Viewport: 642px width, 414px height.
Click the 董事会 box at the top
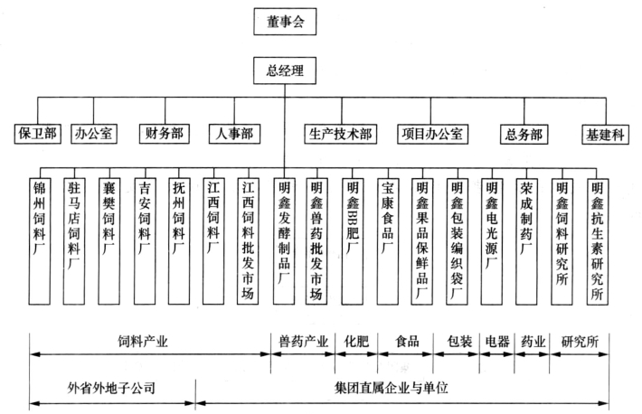tap(285, 22)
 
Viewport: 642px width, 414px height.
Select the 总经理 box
tap(285, 71)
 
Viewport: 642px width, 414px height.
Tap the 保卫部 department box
tap(38, 134)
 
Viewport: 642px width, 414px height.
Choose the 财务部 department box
tap(165, 134)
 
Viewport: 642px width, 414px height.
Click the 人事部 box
tap(234, 134)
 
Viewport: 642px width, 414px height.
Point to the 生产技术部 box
tap(341, 134)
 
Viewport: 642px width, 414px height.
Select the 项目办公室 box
tap(432, 134)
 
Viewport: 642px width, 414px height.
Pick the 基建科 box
tap(605, 135)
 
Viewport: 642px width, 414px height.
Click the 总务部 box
tap(524, 135)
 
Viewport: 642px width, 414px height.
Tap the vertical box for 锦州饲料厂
tap(40, 241)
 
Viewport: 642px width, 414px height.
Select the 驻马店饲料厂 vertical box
tap(74, 241)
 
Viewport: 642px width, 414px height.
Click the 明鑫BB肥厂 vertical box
tap(353, 241)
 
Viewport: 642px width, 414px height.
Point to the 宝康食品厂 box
tap(388, 241)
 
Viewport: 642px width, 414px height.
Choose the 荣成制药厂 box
tap(526, 241)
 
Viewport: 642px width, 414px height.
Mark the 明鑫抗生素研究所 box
tap(598, 241)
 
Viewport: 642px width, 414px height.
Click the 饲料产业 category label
tap(143, 341)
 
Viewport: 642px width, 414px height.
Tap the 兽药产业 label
tap(304, 341)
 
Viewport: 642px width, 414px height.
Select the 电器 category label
tap(497, 341)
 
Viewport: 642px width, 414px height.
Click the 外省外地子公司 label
tap(111, 388)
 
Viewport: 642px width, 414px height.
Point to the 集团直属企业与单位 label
tap(392, 388)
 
